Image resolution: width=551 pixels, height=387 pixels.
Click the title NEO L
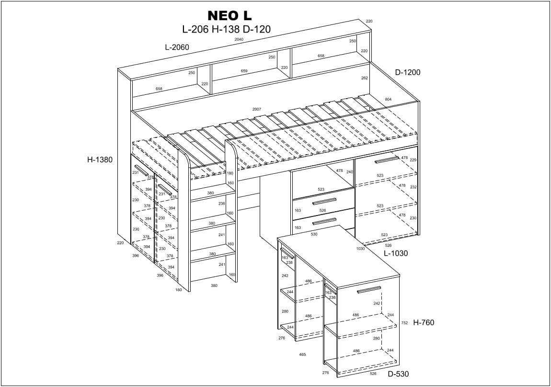[229, 16]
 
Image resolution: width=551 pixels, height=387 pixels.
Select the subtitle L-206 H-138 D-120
[226, 29]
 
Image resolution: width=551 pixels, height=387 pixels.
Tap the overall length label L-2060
[177, 47]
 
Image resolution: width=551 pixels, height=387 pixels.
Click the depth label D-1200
[407, 73]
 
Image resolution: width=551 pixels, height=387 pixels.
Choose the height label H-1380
[100, 160]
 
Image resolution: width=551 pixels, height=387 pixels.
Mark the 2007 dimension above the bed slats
[257, 109]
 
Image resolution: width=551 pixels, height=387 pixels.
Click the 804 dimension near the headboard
[388, 99]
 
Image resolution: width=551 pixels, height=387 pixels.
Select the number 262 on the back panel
[365, 78]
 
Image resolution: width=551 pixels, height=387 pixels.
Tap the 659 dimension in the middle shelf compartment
[244, 71]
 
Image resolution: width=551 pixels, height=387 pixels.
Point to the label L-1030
[395, 253]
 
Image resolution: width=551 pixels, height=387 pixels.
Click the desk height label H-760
[424, 323]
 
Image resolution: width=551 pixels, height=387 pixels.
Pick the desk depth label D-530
[398, 374]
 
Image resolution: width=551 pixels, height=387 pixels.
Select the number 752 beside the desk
[404, 323]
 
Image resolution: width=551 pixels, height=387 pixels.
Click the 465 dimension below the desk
[302, 354]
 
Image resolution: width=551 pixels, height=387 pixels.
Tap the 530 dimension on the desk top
[314, 234]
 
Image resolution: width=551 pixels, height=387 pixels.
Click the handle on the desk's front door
[369, 290]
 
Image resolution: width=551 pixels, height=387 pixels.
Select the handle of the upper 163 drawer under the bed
[324, 202]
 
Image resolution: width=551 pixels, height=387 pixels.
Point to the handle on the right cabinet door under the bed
[387, 159]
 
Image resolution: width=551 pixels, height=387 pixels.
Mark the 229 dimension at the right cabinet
[413, 160]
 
